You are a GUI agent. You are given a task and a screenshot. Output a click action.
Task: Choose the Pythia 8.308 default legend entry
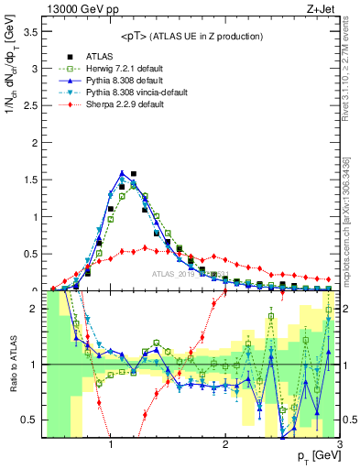click(123, 80)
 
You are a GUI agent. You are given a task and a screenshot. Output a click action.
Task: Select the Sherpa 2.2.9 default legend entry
click(125, 104)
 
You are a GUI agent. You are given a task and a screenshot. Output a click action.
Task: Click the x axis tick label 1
click(111, 444)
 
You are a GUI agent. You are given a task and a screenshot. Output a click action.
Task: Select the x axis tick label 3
click(338, 444)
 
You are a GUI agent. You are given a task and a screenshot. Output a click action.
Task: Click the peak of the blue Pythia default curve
click(122, 172)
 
